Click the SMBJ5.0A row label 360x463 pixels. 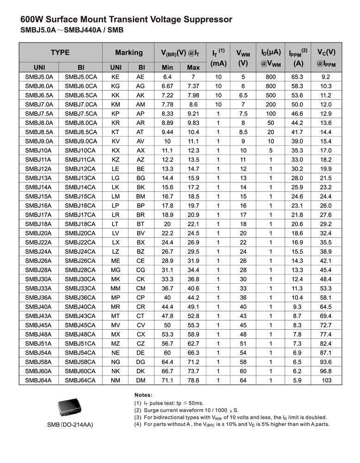pos(39,77)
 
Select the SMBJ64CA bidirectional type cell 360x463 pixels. pos(81,380)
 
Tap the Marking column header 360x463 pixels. pos(129,53)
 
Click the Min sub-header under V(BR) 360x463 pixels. pos(168,68)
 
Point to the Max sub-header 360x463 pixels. pos(193,68)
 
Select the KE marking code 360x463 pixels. pos(116,77)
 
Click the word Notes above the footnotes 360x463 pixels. pos(143,395)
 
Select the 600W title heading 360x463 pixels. pos(126,19)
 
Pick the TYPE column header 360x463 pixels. pos(60,53)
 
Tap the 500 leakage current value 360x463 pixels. pos(271,95)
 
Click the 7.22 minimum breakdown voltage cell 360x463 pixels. pos(168,95)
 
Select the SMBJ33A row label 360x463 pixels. pos(39,288)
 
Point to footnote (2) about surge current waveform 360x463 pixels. pos(186,410)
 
